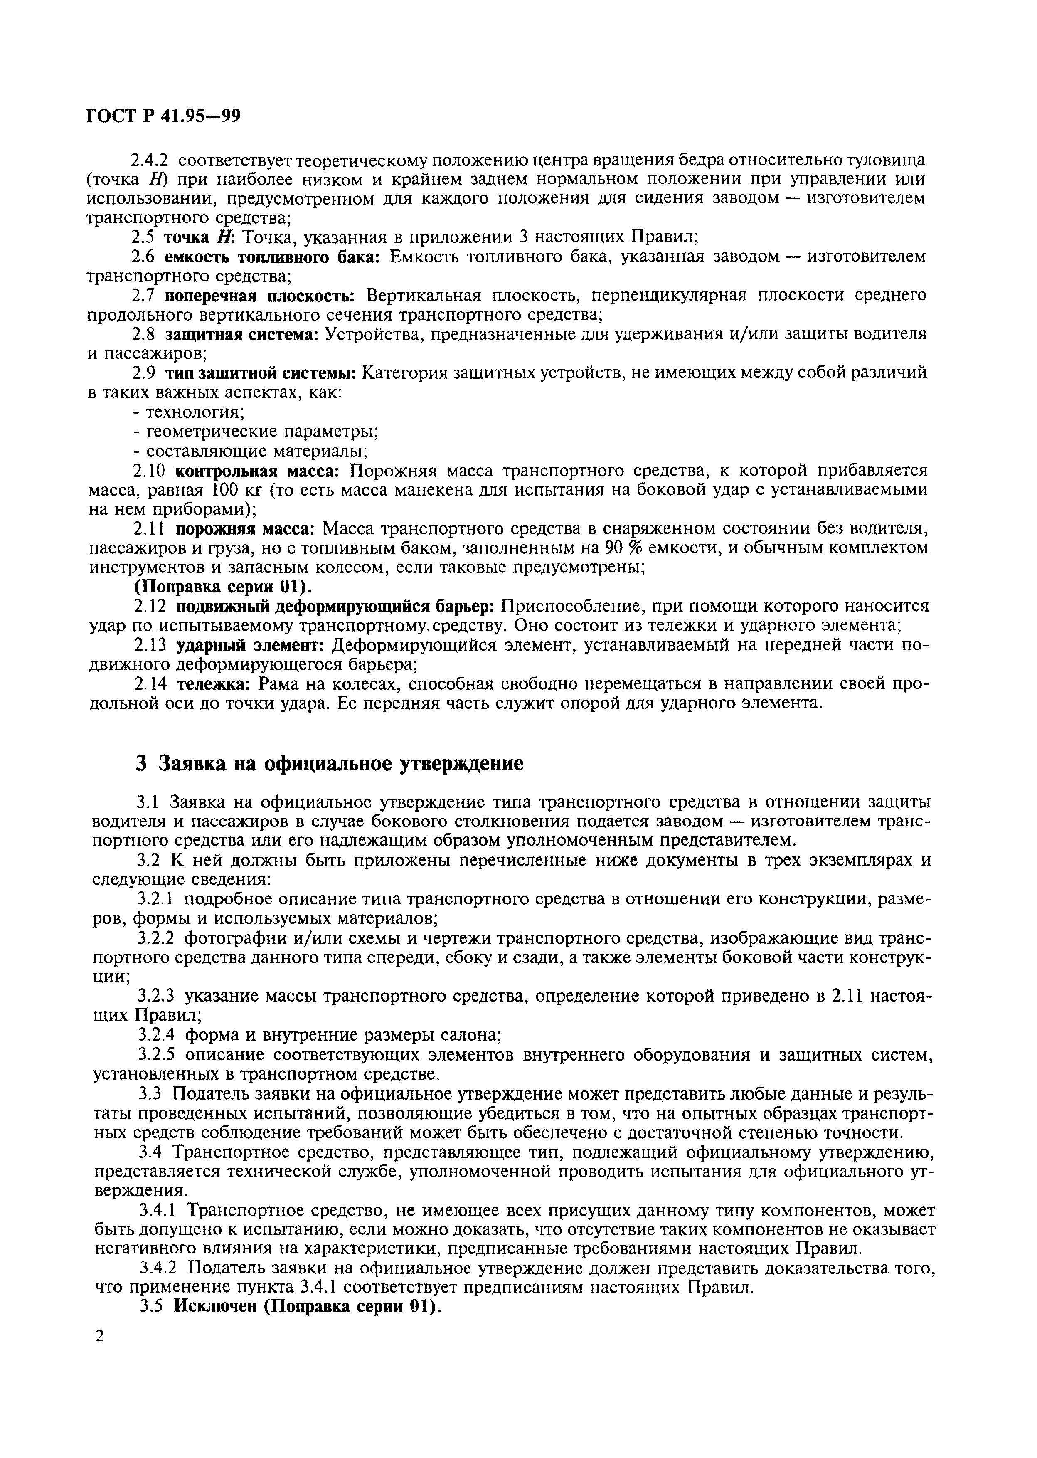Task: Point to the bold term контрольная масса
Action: pos(261,471)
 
